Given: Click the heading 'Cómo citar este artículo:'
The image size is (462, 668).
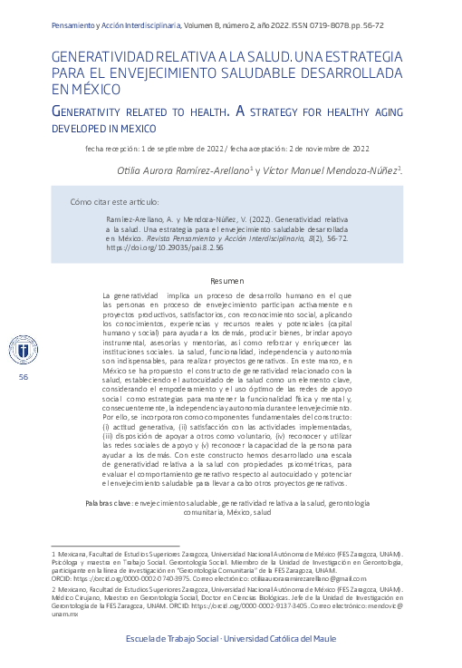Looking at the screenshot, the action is (114, 201).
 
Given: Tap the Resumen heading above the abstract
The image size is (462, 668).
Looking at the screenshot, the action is (227, 282).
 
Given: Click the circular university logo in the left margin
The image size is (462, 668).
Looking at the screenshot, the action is (23, 348).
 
